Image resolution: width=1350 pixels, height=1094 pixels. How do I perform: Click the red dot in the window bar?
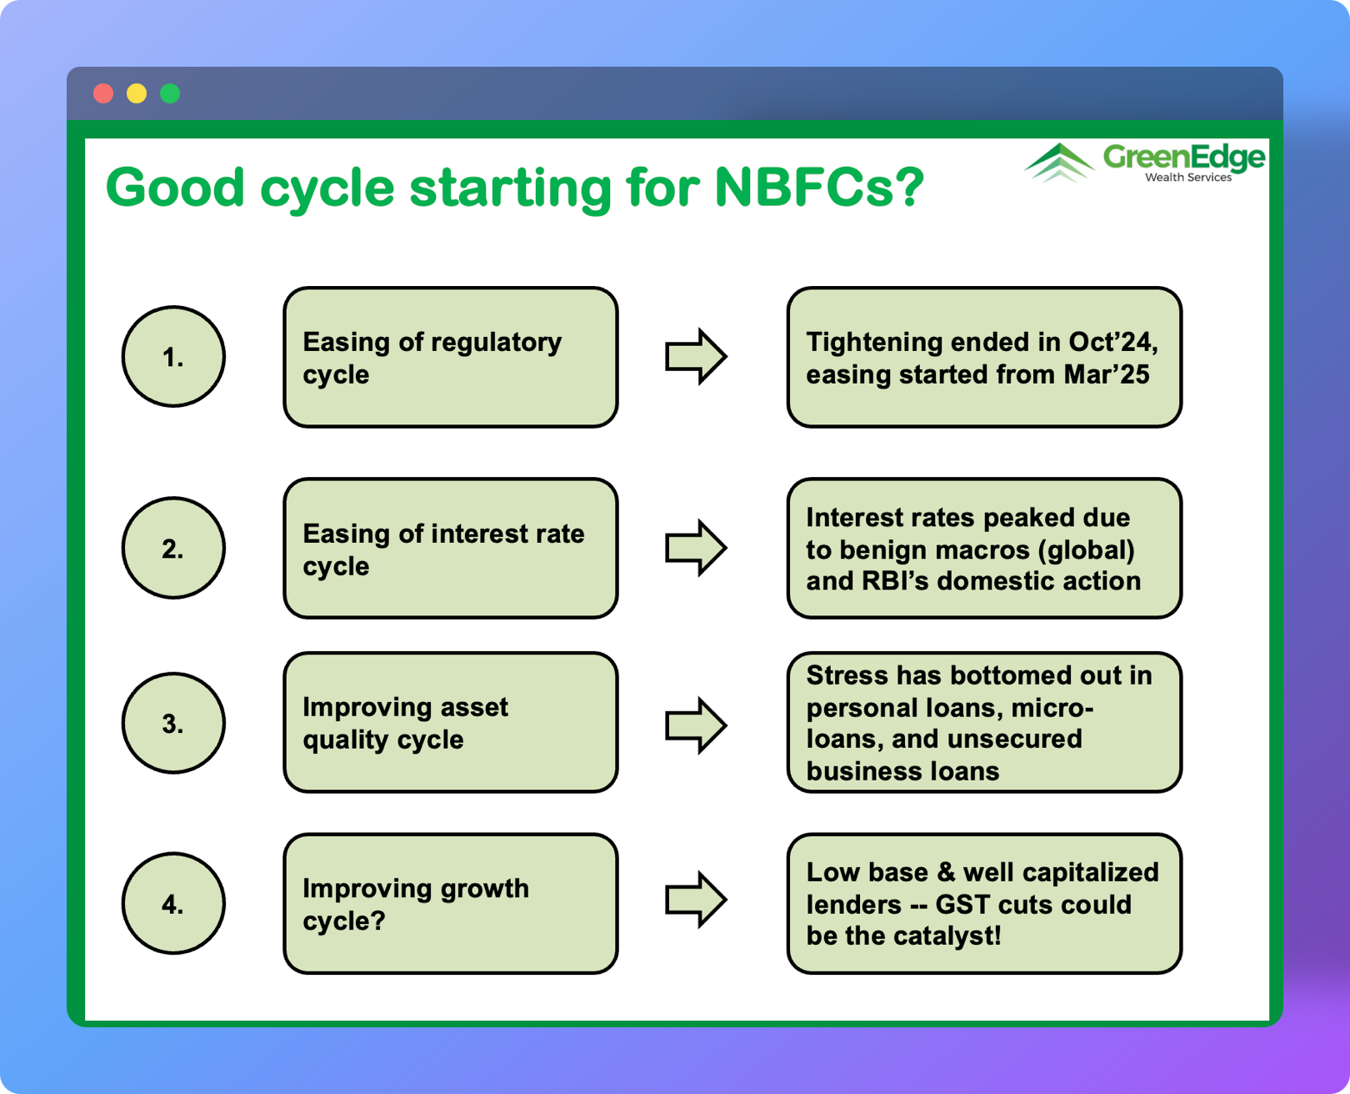pyautogui.click(x=103, y=93)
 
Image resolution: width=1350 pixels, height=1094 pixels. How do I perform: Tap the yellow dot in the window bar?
pyautogui.click(x=137, y=93)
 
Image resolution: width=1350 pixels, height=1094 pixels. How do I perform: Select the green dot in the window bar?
pyautogui.click(x=170, y=93)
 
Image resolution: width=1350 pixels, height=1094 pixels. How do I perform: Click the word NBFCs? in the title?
pyautogui.click(x=819, y=187)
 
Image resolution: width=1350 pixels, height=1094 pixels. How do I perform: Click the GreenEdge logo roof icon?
pyautogui.click(x=1058, y=162)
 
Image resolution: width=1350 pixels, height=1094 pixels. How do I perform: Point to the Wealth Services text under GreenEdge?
pyautogui.click(x=1187, y=178)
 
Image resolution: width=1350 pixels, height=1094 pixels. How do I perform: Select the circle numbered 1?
pyautogui.click(x=173, y=357)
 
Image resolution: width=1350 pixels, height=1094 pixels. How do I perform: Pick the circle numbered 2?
pyautogui.click(x=173, y=548)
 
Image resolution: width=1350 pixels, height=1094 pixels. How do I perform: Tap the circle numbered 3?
pyautogui.click(x=173, y=723)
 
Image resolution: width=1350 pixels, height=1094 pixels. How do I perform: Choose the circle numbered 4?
pyautogui.click(x=173, y=903)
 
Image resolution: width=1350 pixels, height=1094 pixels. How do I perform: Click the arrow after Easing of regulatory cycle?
pyautogui.click(x=696, y=357)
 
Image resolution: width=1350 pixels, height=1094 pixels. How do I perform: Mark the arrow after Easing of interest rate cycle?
pyautogui.click(x=696, y=548)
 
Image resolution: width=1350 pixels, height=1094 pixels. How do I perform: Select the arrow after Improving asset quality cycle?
pyautogui.click(x=696, y=725)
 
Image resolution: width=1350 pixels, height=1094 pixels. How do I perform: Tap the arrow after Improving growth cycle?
pyautogui.click(x=696, y=900)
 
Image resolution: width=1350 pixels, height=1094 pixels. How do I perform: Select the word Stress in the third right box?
pyautogui.click(x=847, y=675)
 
